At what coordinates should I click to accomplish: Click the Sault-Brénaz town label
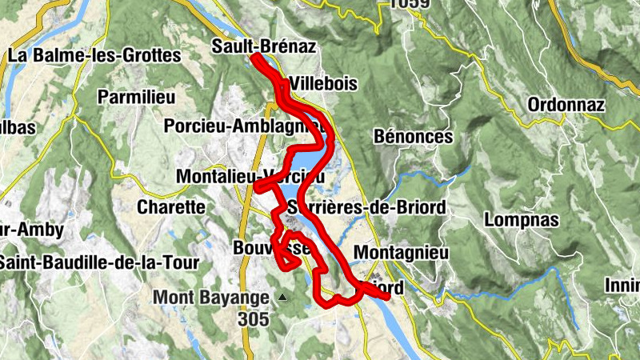[x=263, y=47]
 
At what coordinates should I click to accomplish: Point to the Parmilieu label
[x=135, y=97]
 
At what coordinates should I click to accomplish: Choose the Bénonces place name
[x=413, y=137]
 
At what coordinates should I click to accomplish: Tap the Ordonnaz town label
[x=566, y=105]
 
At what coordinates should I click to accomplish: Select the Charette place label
[x=171, y=206]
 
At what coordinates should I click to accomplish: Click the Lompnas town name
[x=515, y=218]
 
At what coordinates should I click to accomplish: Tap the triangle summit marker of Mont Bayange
[x=282, y=298]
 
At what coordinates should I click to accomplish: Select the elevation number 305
[x=253, y=318]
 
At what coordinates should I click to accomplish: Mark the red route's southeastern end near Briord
[x=387, y=296]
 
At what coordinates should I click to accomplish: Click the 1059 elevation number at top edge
[x=410, y=4]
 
